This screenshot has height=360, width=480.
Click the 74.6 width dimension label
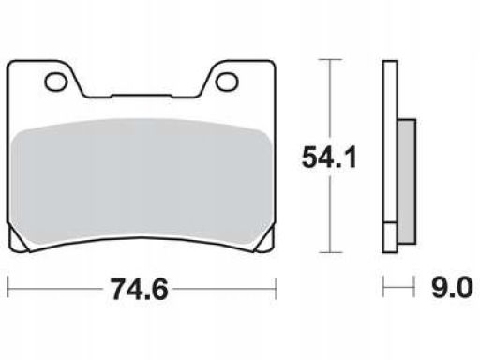[x=140, y=289]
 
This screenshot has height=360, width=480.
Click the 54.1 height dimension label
[x=329, y=157]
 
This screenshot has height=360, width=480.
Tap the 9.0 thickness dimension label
[x=452, y=287]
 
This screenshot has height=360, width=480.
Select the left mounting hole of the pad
[x=56, y=82]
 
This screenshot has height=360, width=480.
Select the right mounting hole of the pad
[x=227, y=82]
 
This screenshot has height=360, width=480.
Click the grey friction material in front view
[x=141, y=181]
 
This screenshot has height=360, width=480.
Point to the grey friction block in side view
[x=407, y=181]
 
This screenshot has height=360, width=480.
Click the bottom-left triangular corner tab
[x=18, y=241]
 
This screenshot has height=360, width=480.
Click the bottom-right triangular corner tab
[x=266, y=241]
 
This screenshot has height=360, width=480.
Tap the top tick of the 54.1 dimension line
[x=330, y=59]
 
